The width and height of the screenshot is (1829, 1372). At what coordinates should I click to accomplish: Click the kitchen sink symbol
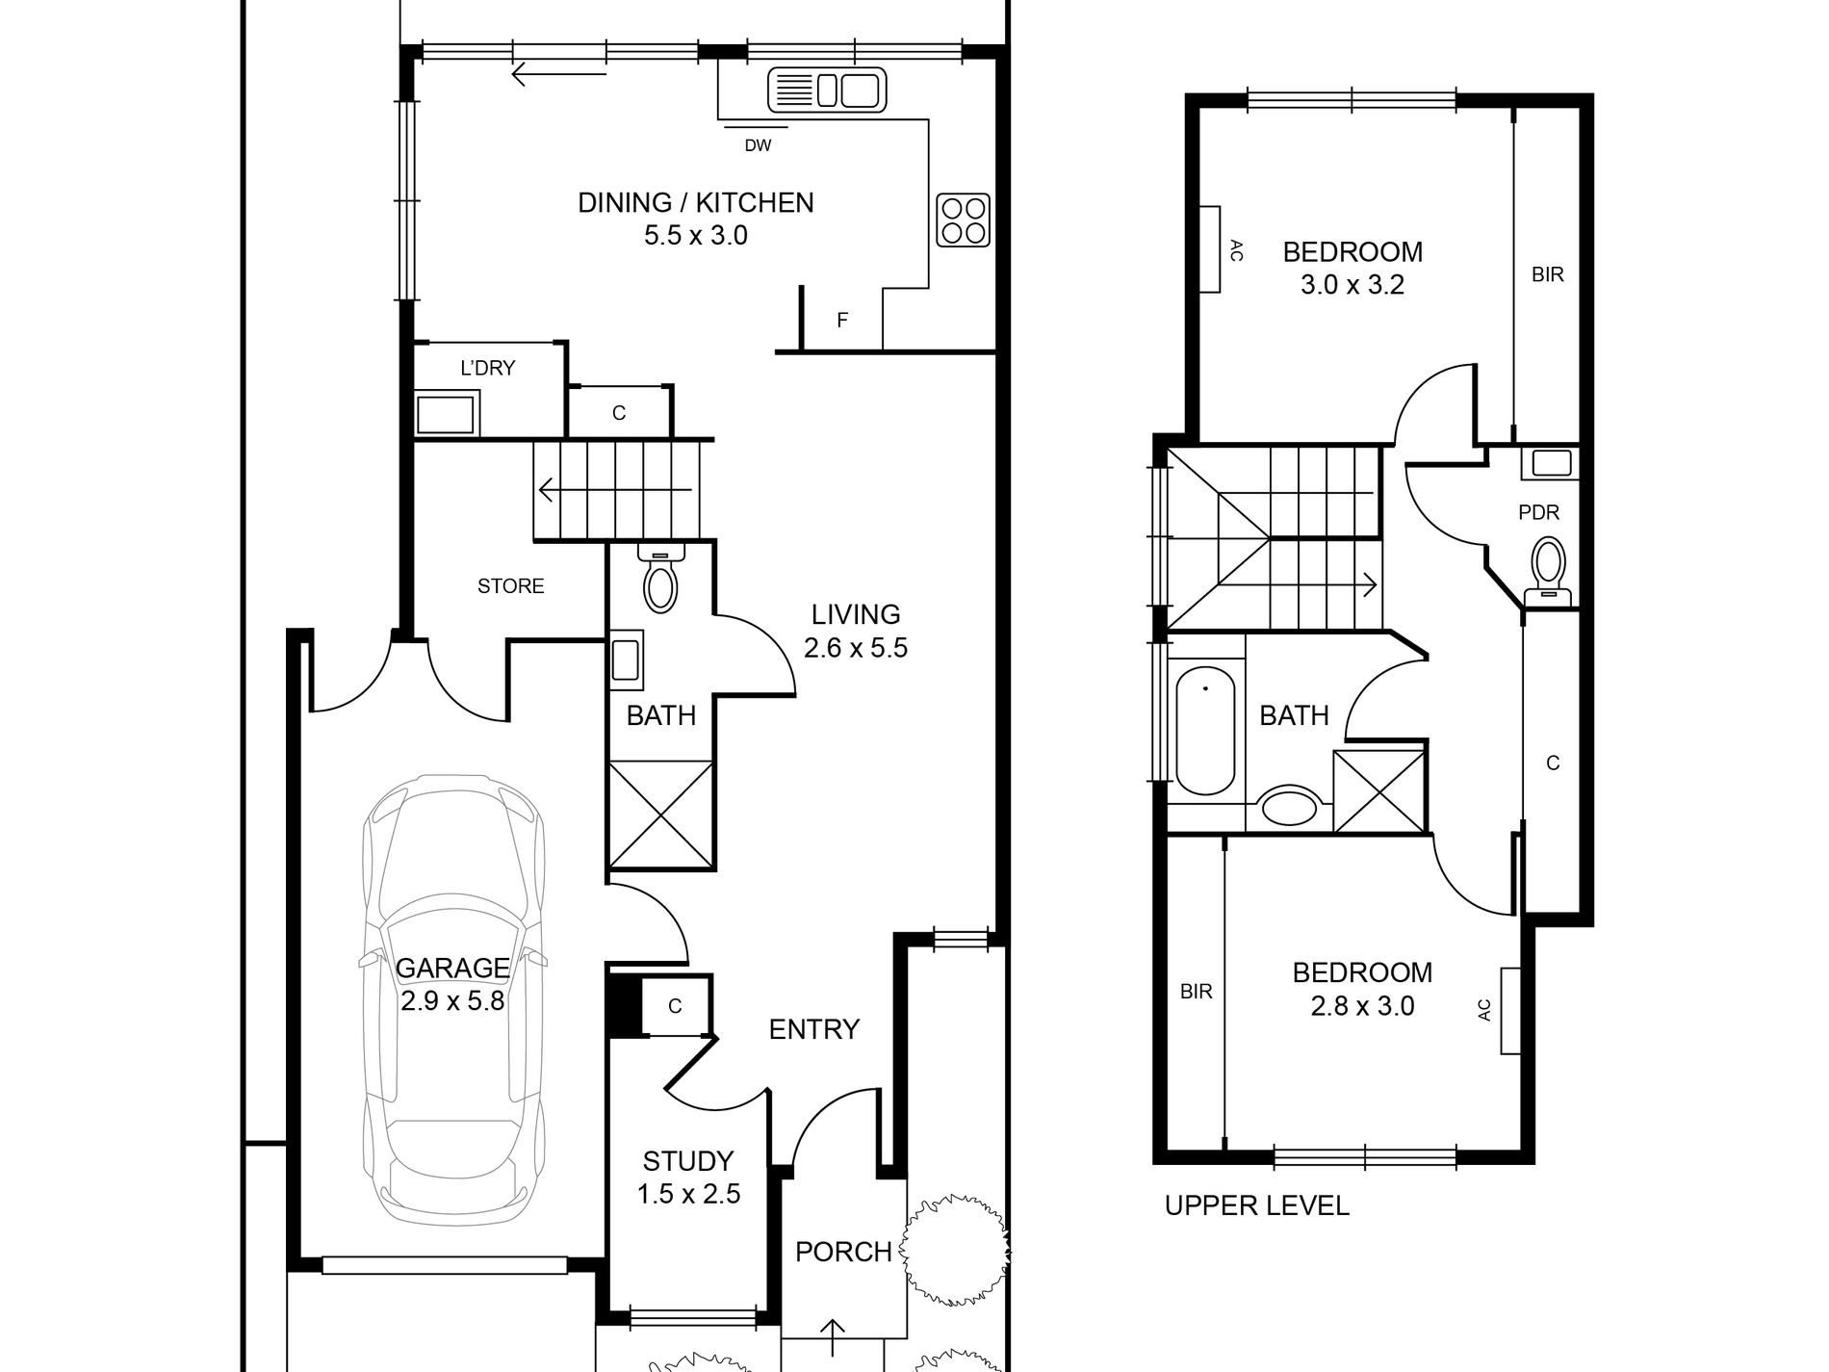click(826, 91)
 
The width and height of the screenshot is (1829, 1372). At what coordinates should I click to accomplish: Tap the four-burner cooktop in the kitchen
click(963, 220)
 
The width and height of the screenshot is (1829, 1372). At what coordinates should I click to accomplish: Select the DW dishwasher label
click(758, 146)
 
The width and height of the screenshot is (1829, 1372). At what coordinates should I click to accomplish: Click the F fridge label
click(842, 321)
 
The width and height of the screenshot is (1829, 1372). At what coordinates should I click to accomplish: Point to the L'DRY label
click(488, 368)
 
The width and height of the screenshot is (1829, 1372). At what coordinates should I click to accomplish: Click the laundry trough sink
click(446, 414)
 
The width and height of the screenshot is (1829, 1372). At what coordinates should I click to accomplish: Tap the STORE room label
click(510, 585)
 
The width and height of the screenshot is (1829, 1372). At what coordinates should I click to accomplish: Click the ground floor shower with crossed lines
click(661, 814)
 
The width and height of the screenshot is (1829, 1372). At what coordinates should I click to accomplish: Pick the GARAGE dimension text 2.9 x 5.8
click(452, 1001)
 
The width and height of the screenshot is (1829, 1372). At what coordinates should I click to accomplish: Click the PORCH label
click(843, 1252)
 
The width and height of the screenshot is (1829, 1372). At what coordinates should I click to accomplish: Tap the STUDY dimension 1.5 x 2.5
click(688, 1195)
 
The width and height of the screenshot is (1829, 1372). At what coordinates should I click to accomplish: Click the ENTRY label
click(813, 1029)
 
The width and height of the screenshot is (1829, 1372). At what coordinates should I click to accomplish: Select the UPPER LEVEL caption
click(1256, 1205)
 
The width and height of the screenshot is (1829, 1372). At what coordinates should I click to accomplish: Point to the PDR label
click(1538, 513)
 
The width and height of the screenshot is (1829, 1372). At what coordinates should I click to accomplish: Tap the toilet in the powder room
click(1548, 568)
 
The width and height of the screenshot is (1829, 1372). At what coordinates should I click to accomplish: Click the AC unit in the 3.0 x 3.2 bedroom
click(1209, 249)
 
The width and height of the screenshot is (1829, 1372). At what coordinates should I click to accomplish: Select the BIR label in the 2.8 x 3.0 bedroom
click(1196, 991)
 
